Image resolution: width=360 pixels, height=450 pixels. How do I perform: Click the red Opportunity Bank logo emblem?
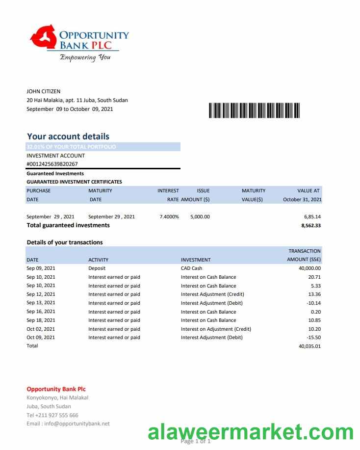44,39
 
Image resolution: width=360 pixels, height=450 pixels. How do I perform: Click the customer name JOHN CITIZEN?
43,91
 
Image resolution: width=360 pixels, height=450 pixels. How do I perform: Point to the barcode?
254,110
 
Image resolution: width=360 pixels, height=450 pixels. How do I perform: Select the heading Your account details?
68,136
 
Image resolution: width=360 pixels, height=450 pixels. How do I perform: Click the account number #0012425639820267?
52,164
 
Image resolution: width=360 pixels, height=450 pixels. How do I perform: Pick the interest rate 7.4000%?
169,216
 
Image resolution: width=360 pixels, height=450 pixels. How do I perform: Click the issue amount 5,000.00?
200,216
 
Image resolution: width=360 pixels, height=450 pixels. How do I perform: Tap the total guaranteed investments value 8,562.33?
310,225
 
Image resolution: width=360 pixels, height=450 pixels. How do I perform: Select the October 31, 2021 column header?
302,200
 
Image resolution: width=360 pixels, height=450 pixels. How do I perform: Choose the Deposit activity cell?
97,268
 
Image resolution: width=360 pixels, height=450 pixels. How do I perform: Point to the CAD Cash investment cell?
191,268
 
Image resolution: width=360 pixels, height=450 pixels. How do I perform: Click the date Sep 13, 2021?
41,303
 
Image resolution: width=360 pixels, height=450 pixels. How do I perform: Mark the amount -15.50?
312,338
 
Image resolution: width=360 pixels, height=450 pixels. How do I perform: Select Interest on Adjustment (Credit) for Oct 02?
216,329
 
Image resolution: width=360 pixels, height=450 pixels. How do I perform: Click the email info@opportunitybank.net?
68,424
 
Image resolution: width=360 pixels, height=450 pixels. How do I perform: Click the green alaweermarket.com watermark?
251,432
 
